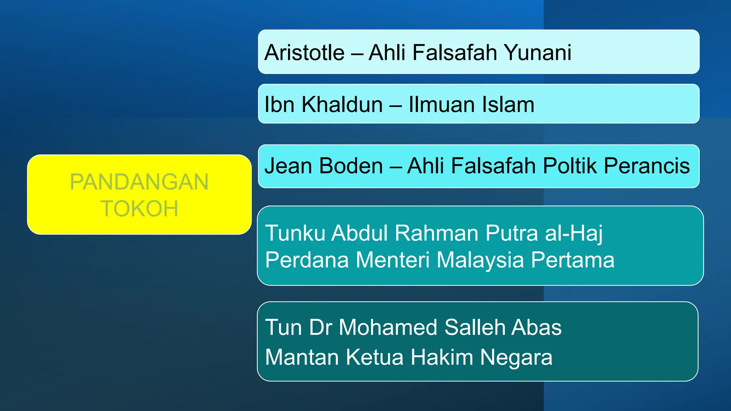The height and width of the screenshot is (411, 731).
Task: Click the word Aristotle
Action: (304, 53)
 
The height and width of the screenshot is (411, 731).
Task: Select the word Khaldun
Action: (342, 105)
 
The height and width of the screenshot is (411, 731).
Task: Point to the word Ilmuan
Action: (442, 105)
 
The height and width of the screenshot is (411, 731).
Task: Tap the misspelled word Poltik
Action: (570, 166)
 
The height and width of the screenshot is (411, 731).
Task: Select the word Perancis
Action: (647, 166)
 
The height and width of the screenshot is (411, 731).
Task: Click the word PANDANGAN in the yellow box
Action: (139, 182)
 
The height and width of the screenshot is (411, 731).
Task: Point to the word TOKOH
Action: (139, 209)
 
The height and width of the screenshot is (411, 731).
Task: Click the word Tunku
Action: (295, 233)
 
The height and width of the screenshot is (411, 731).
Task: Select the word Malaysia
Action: (480, 260)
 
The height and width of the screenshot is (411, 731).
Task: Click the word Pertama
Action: (573, 260)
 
